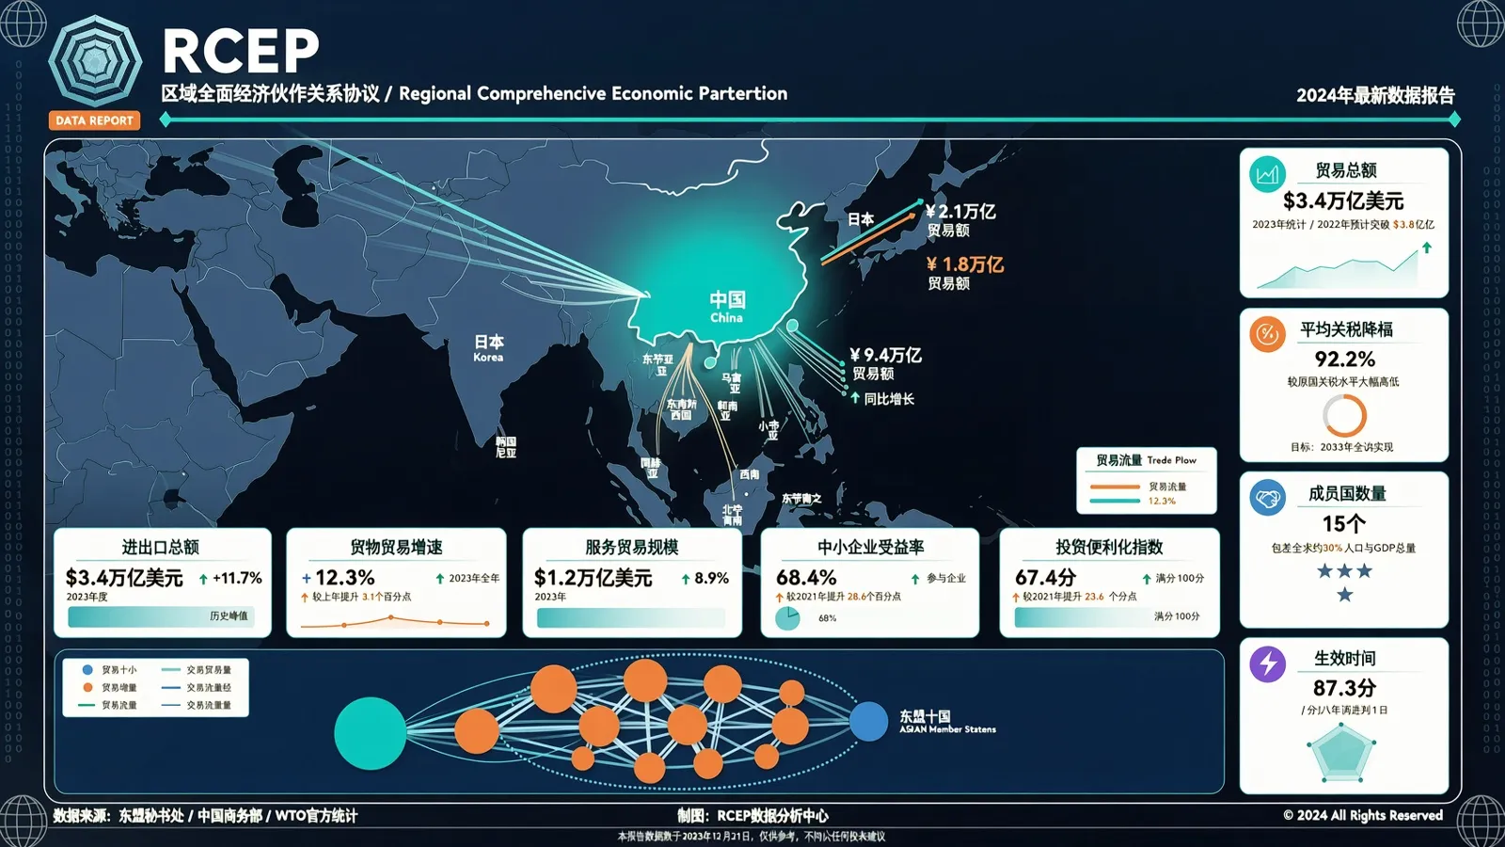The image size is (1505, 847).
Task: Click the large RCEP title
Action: (x=241, y=51)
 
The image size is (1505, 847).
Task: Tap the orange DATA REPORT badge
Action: (x=94, y=120)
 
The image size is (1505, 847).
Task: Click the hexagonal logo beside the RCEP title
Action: (x=95, y=62)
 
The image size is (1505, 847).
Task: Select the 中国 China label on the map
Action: (x=727, y=306)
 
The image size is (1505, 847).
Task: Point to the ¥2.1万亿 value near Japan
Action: (x=960, y=212)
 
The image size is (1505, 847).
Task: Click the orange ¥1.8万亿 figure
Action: (x=965, y=264)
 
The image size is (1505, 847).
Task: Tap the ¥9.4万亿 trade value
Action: (x=885, y=355)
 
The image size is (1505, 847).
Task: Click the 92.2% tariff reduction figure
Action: (x=1344, y=360)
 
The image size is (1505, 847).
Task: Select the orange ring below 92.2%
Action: (x=1344, y=415)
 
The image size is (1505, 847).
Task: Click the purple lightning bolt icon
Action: (x=1268, y=663)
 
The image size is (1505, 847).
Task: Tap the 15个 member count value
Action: (x=1343, y=523)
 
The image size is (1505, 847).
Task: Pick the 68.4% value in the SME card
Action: (x=806, y=577)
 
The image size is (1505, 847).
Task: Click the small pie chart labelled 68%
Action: (x=787, y=618)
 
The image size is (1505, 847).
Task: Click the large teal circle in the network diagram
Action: (x=371, y=733)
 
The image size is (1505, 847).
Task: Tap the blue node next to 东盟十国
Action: (x=868, y=722)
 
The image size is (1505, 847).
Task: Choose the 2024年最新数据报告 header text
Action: (x=1375, y=95)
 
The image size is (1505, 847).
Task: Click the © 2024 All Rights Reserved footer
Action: (x=1363, y=815)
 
